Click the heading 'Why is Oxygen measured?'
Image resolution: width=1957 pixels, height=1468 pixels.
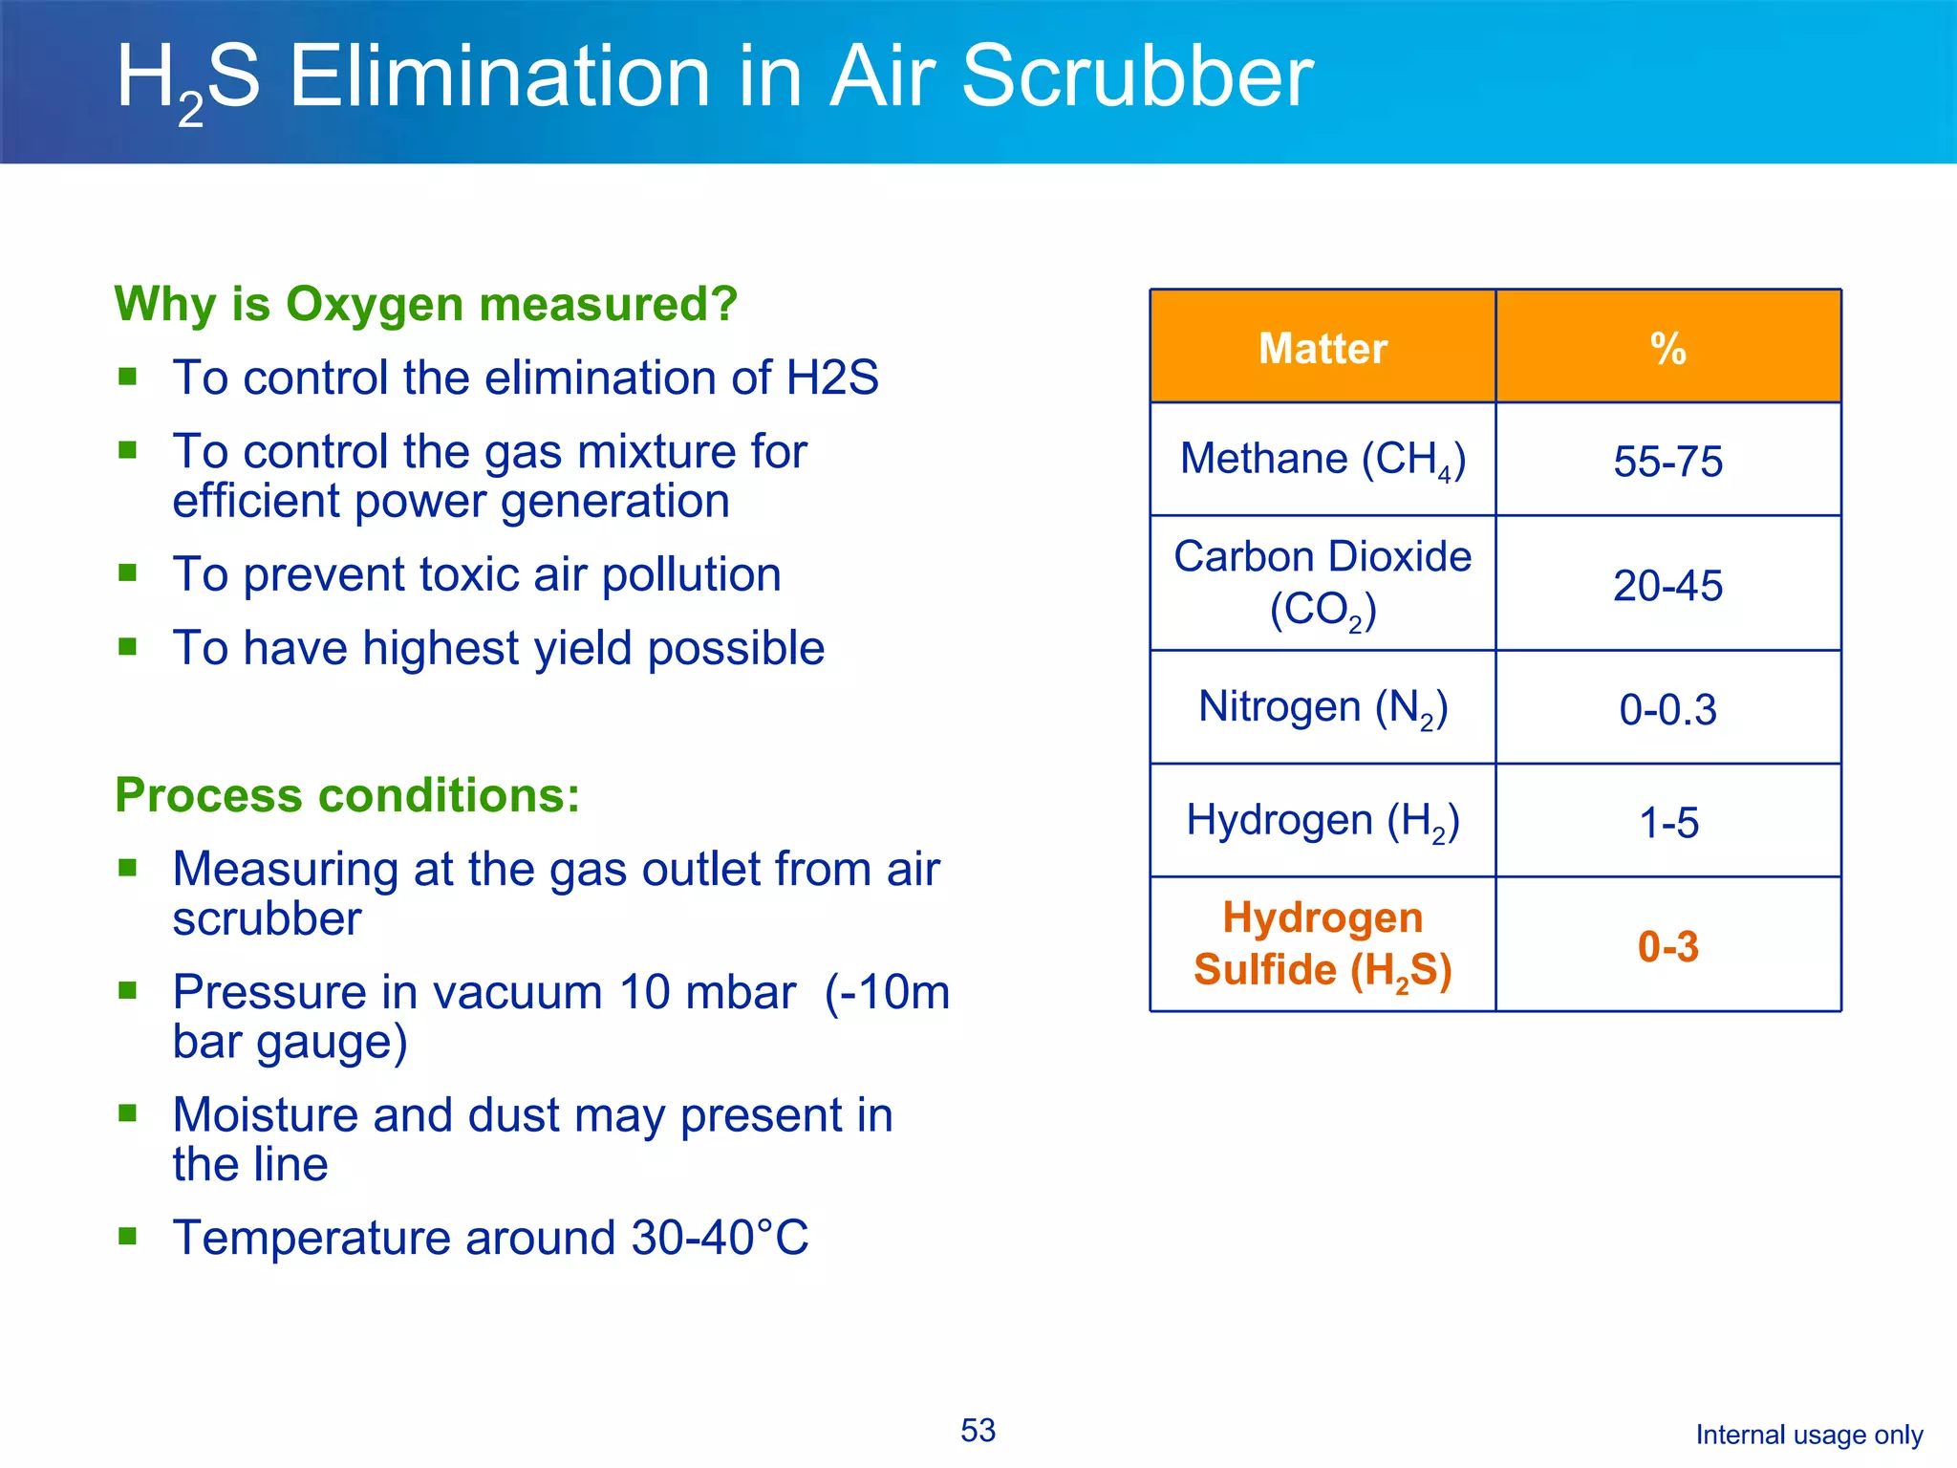click(425, 304)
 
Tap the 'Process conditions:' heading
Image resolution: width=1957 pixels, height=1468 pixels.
click(347, 795)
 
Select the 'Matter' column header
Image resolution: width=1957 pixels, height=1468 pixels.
click(1323, 348)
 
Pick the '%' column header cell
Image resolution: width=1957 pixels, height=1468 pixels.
click(1667, 348)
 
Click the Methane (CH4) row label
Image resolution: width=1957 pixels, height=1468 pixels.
click(1323, 460)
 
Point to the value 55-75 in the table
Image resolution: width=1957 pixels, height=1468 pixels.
click(1667, 462)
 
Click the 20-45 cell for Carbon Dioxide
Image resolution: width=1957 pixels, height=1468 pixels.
click(1667, 586)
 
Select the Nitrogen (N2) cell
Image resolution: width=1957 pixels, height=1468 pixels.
click(1323, 708)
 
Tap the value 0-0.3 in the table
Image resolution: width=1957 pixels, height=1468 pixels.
click(1667, 710)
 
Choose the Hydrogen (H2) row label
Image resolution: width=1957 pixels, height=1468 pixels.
click(1323, 821)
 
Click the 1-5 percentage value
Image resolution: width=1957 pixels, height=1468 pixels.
click(1667, 823)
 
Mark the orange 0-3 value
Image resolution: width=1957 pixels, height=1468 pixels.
click(1667, 947)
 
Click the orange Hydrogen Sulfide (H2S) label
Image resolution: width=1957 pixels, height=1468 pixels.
click(1323, 944)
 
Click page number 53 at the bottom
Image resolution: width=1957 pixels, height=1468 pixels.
click(978, 1430)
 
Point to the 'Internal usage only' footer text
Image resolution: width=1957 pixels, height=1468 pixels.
click(1808, 1435)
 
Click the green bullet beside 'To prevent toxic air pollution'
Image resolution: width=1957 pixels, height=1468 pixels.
click(128, 572)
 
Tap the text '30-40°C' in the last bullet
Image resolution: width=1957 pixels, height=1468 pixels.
click(719, 1238)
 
